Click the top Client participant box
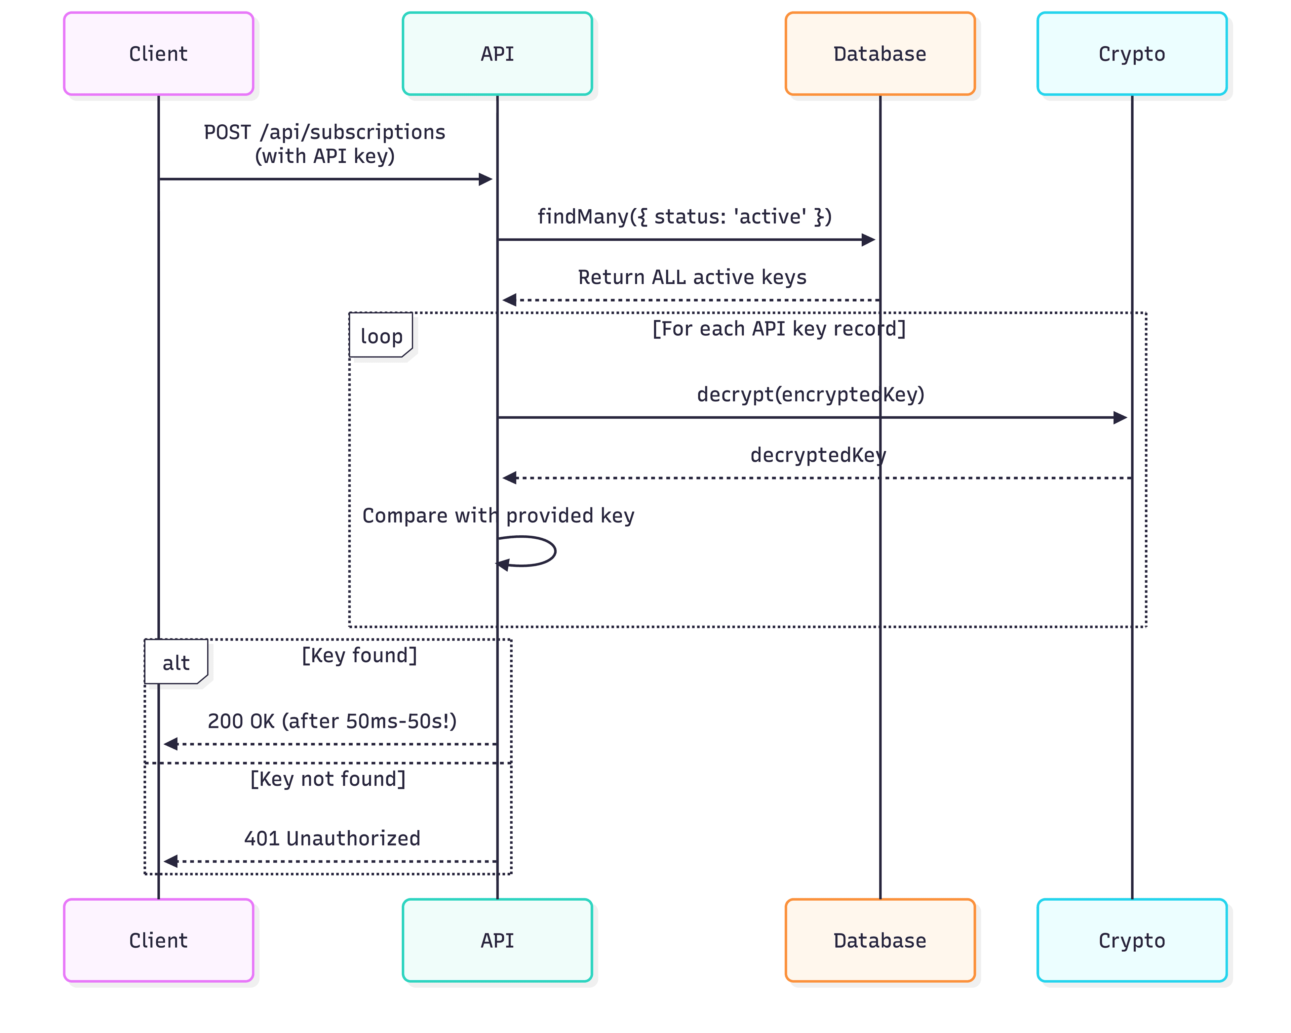(159, 54)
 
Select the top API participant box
(497, 54)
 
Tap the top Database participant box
(879, 54)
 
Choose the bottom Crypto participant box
(1132, 940)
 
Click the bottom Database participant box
(879, 940)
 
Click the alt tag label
(176, 663)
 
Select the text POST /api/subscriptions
(324, 132)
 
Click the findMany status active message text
(684, 216)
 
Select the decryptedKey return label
(818, 455)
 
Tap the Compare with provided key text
(498, 515)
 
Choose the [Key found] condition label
(359, 655)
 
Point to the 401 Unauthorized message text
(332, 838)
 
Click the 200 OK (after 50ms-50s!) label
(332, 720)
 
